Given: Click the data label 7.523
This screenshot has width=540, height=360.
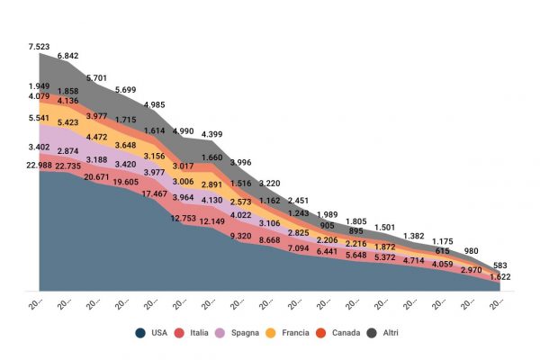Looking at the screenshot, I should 40,46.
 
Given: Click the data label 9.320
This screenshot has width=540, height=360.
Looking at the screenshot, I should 239,236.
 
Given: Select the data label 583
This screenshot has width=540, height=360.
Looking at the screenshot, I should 499,264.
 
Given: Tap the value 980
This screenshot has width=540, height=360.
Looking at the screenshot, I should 471,251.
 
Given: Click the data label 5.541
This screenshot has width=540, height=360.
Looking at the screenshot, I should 40,118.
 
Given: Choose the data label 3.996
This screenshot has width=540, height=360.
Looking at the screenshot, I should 239,162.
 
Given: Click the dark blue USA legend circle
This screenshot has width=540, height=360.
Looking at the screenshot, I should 140,333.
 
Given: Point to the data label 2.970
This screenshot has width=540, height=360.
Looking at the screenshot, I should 471,269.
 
